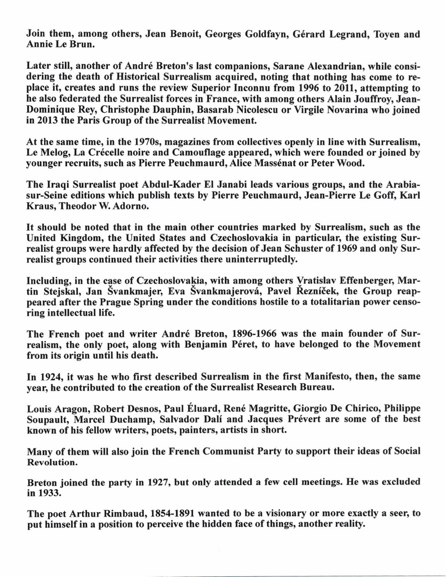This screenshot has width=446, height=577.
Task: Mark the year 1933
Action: (49, 492)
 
